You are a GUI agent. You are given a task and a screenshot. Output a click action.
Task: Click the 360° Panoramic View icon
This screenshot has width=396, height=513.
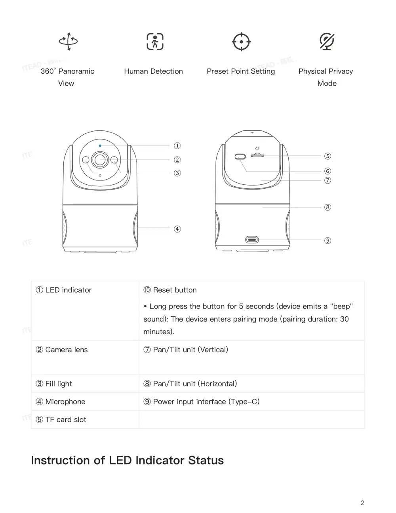tap(68, 41)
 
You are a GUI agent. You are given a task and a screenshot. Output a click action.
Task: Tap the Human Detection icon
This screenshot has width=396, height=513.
tap(155, 41)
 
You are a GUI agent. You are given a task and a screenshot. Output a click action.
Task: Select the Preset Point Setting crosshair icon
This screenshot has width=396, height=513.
tap(241, 42)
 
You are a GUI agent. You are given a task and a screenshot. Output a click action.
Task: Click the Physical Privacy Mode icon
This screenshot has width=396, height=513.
tap(327, 41)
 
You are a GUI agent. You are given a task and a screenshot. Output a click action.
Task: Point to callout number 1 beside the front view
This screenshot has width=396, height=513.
tap(177, 145)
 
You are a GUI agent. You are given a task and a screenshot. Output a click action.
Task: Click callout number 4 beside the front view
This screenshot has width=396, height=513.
tap(177, 229)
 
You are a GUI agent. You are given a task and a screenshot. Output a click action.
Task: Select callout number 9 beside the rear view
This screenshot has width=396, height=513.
tap(327, 240)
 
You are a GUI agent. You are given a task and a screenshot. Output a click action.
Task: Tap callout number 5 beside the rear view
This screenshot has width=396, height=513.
tap(327, 156)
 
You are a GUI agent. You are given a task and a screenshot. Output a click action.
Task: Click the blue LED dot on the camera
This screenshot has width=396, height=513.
tap(100, 145)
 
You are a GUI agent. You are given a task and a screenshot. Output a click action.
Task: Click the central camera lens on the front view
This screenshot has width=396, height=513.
tap(100, 160)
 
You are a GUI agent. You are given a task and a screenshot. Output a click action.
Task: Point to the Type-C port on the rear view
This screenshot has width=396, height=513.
tap(252, 239)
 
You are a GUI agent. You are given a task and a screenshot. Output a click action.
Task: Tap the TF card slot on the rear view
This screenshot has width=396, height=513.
tap(257, 156)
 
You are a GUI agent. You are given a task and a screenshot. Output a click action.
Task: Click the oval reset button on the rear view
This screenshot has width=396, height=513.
tap(240, 156)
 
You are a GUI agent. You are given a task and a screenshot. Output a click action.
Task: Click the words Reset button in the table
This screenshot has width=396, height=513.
tap(175, 290)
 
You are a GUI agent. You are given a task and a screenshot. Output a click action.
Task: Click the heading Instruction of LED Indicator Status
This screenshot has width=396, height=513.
tap(127, 460)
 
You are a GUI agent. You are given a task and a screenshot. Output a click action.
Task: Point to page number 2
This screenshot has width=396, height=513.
tap(362, 503)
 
